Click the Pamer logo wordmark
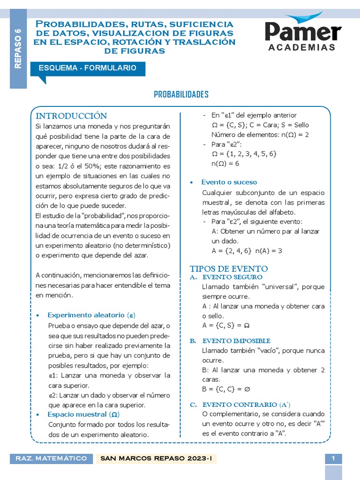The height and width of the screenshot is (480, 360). tap(303, 32)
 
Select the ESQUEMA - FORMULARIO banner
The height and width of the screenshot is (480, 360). tap(87, 68)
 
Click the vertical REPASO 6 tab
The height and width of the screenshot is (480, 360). tap(18, 49)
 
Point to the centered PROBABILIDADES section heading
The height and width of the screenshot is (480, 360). tap(181, 95)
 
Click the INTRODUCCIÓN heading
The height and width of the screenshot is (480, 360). tap(72, 116)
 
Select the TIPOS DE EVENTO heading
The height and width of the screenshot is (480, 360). tap(229, 269)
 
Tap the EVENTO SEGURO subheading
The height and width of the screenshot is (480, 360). tap(232, 277)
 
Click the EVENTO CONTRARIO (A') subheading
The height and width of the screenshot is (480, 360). tap(246, 404)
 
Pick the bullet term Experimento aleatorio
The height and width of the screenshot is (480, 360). tap(92, 315)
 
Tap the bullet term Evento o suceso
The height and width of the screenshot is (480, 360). tap(229, 182)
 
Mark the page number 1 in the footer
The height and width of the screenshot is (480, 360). tap(333, 458)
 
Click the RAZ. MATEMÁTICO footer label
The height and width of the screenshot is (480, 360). tap(51, 458)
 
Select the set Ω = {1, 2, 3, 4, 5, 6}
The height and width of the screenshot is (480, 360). tap(244, 154)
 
